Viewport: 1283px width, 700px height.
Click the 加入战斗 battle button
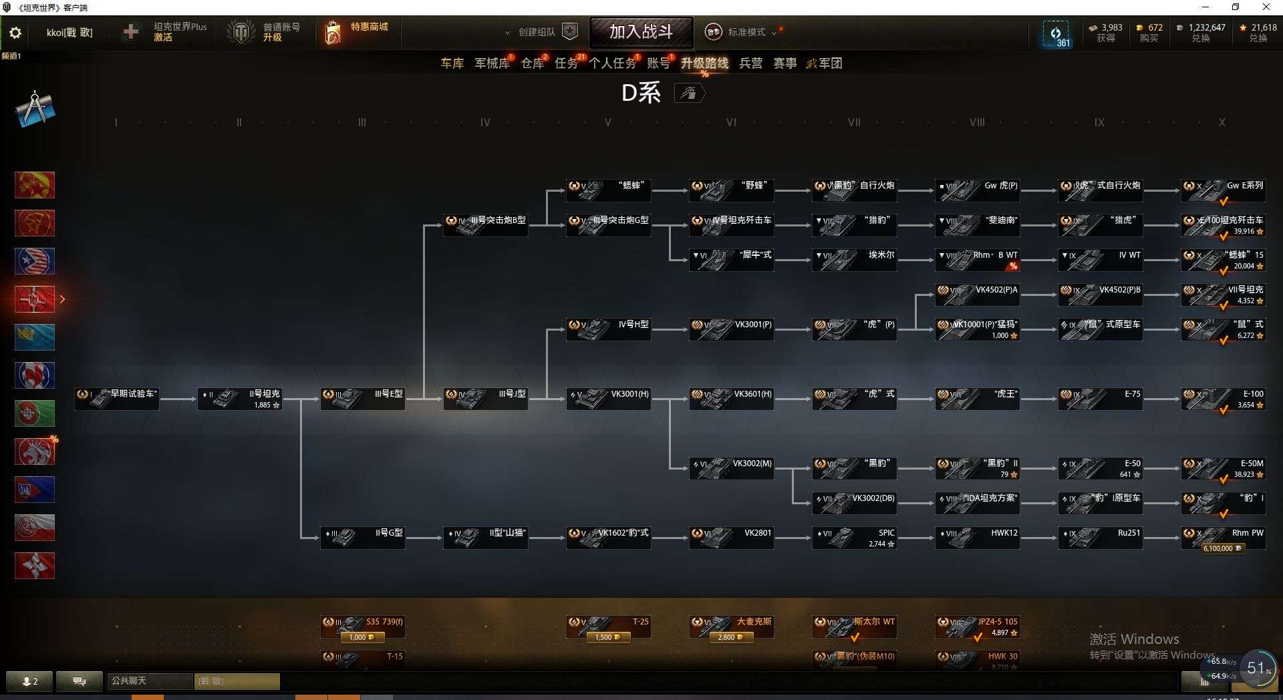click(641, 31)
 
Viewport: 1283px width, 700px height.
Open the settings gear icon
click(15, 33)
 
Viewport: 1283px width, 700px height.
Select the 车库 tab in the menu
click(452, 63)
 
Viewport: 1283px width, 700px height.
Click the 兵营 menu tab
click(750, 63)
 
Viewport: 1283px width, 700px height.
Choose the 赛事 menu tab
click(785, 63)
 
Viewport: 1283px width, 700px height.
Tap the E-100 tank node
click(1223, 399)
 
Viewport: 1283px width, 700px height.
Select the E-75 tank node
click(1100, 399)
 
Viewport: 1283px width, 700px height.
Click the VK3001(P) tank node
click(731, 329)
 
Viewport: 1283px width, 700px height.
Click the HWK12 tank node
click(977, 538)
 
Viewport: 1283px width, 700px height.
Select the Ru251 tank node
click(1100, 538)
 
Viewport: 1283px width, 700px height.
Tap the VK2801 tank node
click(731, 538)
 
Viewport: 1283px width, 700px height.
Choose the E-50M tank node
click(1223, 468)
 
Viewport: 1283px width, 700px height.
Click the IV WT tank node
click(1100, 260)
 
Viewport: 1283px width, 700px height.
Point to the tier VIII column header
click(977, 123)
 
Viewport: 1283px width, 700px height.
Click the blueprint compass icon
click(35, 108)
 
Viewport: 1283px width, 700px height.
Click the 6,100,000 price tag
click(1222, 548)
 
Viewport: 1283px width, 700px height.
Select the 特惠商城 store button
click(357, 31)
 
